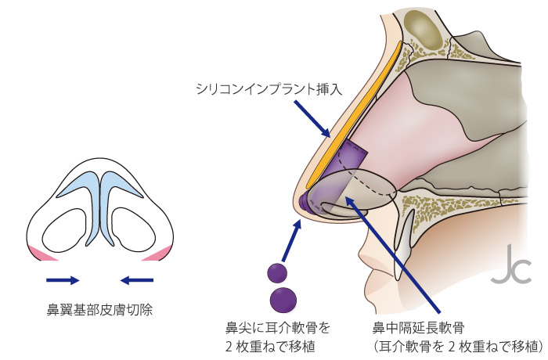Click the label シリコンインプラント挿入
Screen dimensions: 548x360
point(269,89)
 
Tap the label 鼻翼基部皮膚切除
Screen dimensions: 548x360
point(99,310)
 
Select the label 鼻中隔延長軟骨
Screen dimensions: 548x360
point(418,328)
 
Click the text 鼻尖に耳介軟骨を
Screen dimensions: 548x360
point(278,328)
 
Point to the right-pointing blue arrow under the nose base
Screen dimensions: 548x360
point(63,279)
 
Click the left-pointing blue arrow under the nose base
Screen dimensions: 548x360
point(137,279)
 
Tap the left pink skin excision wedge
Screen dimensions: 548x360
point(41,254)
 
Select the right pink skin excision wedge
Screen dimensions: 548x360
point(158,254)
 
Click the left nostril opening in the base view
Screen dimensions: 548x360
point(65,230)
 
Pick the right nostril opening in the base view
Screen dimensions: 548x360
point(134,230)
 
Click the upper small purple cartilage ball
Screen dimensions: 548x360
point(277,272)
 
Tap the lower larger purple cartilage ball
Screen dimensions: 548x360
point(283,301)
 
